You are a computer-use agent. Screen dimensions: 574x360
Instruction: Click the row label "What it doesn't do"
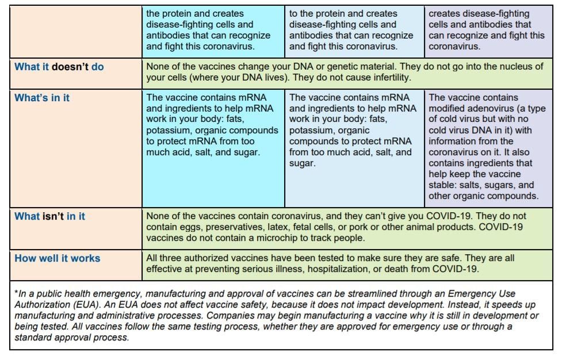(x=59, y=67)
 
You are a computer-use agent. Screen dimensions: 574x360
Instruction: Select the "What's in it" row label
(x=42, y=98)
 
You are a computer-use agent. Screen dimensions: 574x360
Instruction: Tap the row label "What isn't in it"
(x=49, y=216)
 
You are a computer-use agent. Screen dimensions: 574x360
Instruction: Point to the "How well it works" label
(x=57, y=258)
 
